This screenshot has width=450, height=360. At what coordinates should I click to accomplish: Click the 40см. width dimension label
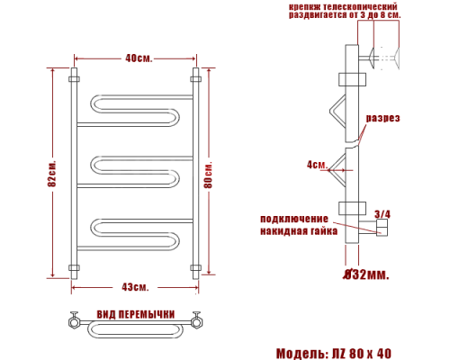(138, 58)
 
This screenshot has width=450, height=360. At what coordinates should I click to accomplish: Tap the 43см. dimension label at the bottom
(135, 286)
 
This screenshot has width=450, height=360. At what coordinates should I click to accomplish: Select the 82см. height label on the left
(53, 175)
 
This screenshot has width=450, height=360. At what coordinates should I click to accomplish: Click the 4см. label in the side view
(315, 165)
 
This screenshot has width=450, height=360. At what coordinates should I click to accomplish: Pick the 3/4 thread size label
(382, 213)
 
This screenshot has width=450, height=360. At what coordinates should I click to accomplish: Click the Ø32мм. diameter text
(366, 274)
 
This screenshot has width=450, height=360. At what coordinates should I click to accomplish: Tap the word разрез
(382, 119)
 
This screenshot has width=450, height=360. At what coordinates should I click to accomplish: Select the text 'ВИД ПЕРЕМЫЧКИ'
(135, 313)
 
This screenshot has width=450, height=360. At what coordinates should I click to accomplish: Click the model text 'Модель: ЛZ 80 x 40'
(333, 352)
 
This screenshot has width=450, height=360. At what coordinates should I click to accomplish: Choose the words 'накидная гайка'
(299, 230)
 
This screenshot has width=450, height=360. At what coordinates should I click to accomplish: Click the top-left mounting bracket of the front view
(74, 80)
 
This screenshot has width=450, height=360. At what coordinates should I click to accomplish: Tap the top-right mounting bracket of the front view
(194, 80)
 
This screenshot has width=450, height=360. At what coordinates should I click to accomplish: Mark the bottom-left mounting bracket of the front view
(74, 266)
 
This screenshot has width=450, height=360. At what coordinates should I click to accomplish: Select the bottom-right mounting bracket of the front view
(194, 266)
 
